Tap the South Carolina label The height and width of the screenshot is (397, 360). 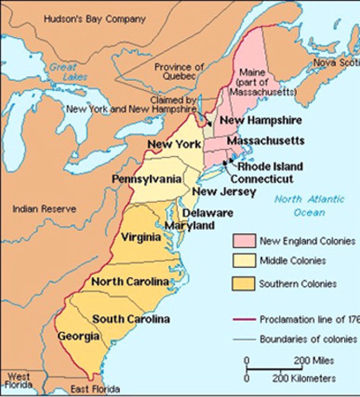coord(131,319)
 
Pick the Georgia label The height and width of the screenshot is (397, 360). coord(79,337)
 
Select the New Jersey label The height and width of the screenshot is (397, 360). coord(217,193)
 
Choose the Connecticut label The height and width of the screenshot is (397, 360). coord(262,178)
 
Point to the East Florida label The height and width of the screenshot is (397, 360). coord(94,388)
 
